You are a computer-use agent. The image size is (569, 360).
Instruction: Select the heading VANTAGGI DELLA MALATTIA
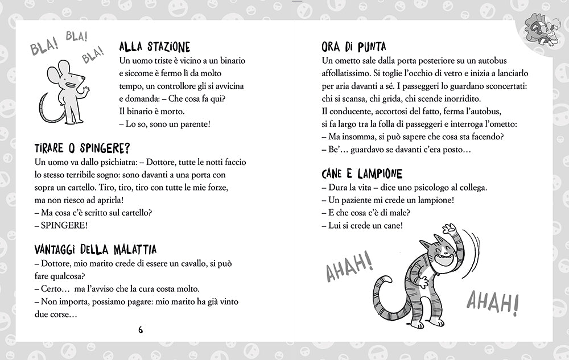95,250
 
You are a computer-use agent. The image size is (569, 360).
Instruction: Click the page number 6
140,329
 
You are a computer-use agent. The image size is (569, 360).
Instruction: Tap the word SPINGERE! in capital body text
65,226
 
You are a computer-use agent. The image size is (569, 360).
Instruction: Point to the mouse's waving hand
86,89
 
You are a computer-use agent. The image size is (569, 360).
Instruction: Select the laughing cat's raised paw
450,231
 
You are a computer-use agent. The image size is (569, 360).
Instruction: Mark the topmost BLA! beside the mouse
76,38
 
